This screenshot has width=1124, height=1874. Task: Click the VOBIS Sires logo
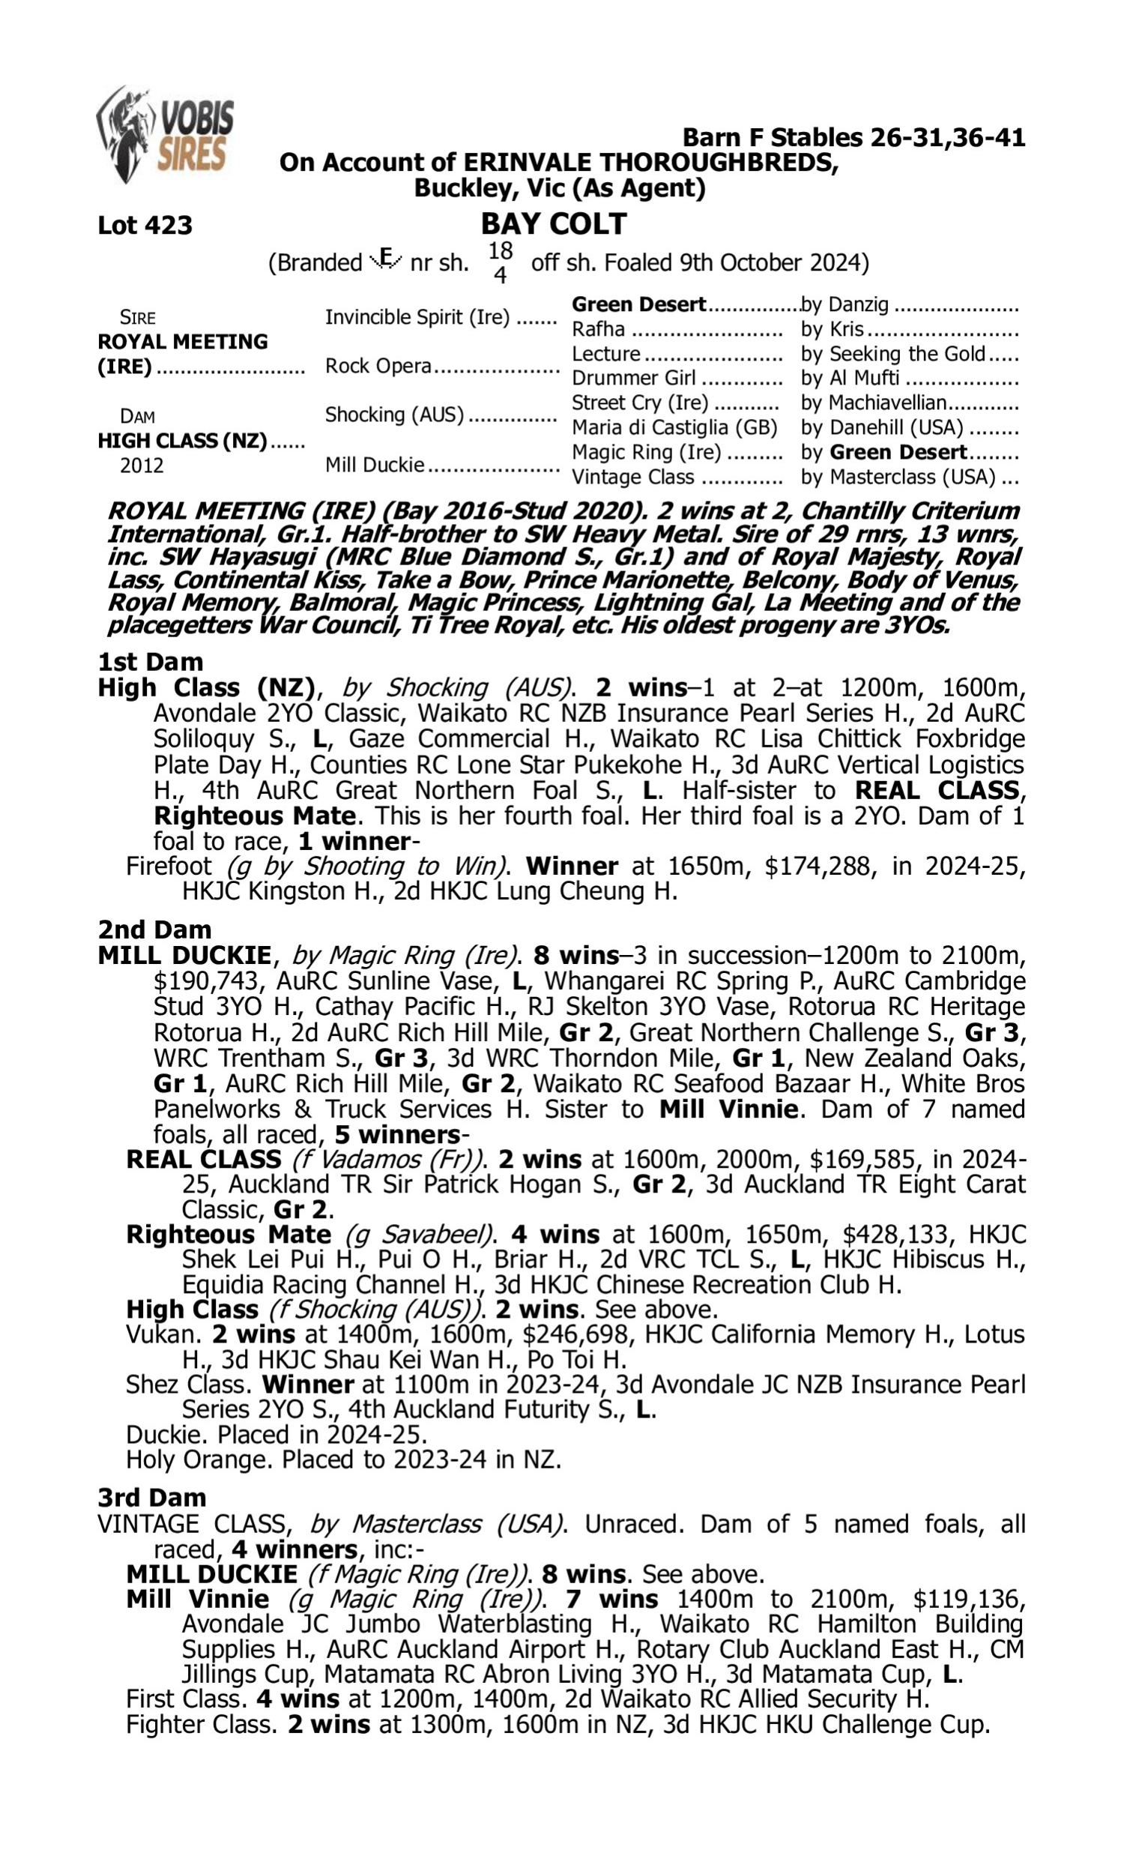coord(165,134)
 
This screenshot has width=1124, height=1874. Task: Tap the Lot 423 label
coord(145,225)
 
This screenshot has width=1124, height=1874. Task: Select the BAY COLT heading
coord(554,223)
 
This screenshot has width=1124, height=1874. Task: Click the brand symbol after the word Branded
coord(386,260)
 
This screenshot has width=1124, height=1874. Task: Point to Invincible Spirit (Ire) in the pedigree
coord(417,316)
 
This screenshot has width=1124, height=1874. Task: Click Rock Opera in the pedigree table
coord(378,366)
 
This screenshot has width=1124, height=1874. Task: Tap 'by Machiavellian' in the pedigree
coord(873,403)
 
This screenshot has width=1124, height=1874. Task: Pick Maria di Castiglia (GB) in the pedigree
coord(674,427)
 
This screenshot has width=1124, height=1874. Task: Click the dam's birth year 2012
coord(142,465)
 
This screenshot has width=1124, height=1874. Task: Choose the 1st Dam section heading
coord(150,661)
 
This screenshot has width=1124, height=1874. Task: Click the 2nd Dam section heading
coord(154,929)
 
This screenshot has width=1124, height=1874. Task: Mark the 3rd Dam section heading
coord(151,1497)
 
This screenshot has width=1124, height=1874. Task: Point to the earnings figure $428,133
coord(895,1234)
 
